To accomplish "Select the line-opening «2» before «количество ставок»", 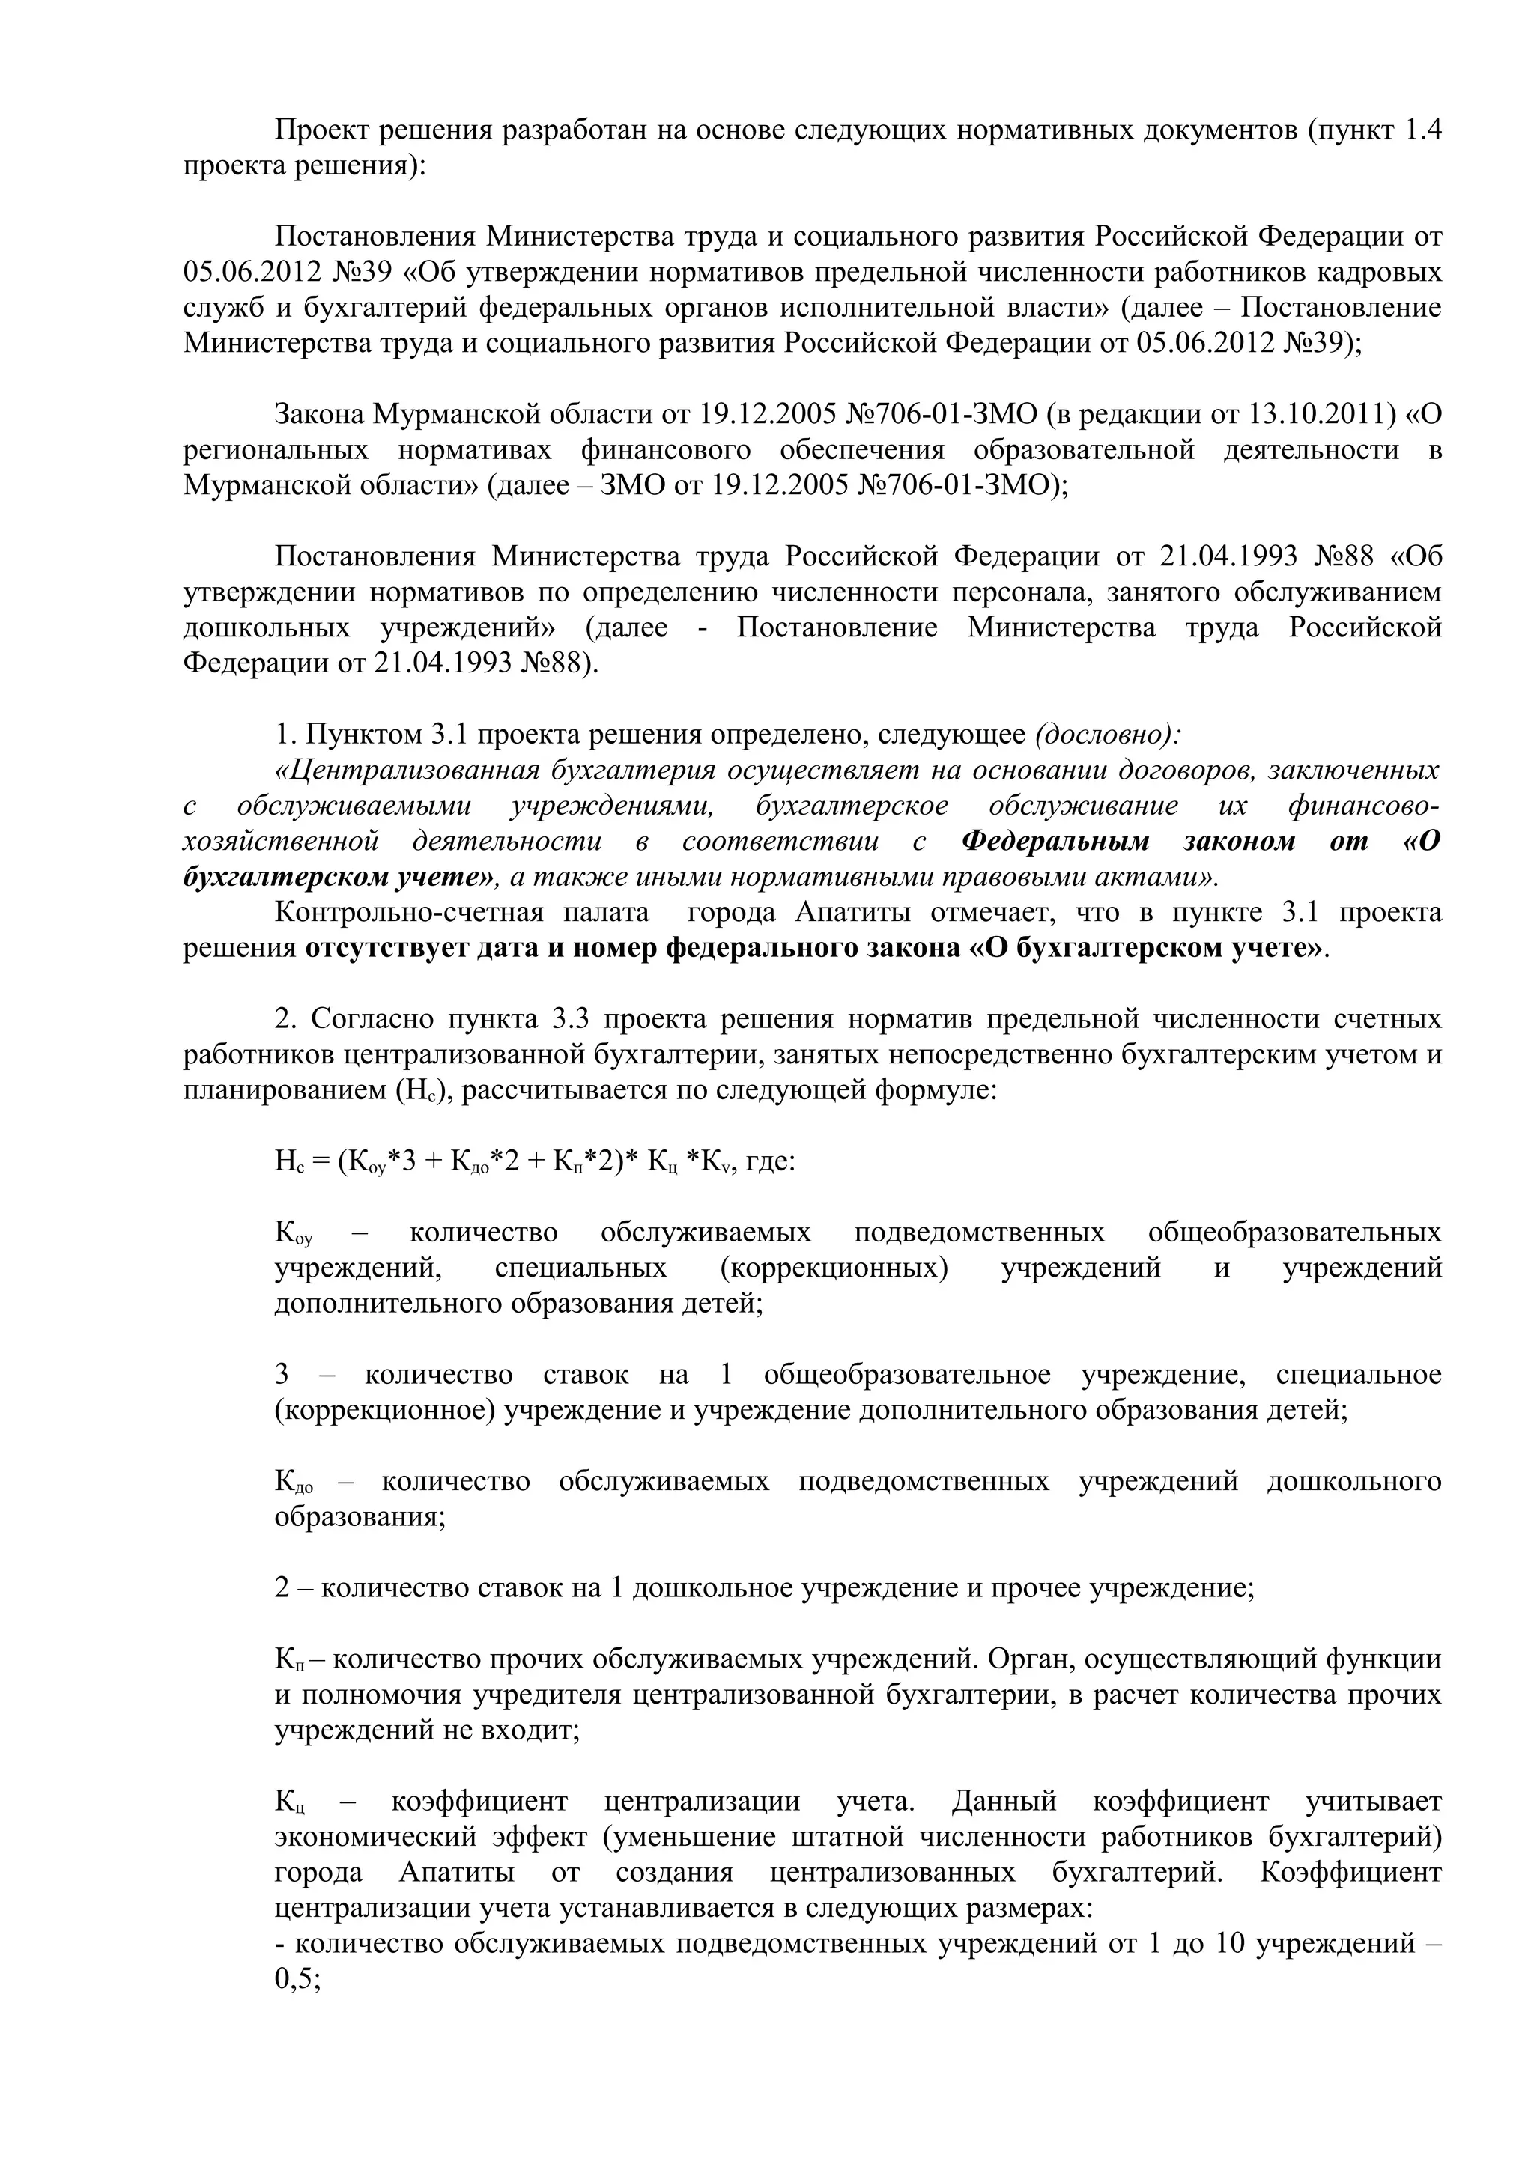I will point(282,1587).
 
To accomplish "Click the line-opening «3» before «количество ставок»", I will point(282,1375).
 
